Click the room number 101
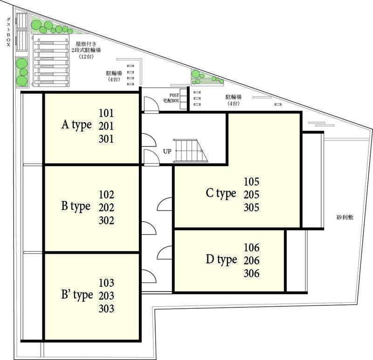pos(106,113)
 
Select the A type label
pos(76,125)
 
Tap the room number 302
pos(106,220)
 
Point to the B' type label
pos(77,295)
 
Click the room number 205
pos(251,194)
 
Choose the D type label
pos(221,260)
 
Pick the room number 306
pos(251,273)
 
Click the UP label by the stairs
pos(167,152)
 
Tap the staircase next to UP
pos(190,151)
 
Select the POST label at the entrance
pos(174,95)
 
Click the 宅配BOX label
pos(171,101)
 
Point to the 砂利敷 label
pos(345,217)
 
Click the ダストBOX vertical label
pos(8,31)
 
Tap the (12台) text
pos(86,56)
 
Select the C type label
pos(221,194)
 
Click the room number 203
pos(106,296)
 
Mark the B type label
pos(76,207)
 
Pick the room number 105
pos(251,182)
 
